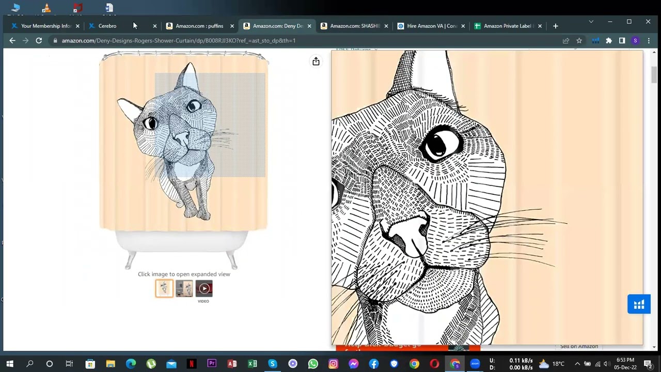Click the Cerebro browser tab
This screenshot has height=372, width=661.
(107, 26)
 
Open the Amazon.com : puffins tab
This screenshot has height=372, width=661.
(199, 26)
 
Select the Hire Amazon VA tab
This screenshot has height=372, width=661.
(431, 26)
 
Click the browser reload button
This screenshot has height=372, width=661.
(39, 40)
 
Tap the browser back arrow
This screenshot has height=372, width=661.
(12, 40)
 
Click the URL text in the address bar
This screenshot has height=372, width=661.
(178, 40)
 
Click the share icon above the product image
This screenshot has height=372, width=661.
(316, 61)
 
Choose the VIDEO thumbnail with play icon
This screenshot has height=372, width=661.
(204, 288)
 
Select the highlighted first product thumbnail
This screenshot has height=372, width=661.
(164, 288)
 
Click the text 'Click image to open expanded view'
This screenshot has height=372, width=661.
(184, 274)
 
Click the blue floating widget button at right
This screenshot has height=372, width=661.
(639, 304)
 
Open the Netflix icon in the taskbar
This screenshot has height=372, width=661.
(192, 364)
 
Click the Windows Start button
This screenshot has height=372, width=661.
(10, 364)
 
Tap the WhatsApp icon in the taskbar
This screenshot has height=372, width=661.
(313, 364)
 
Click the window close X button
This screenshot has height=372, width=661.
(648, 22)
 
